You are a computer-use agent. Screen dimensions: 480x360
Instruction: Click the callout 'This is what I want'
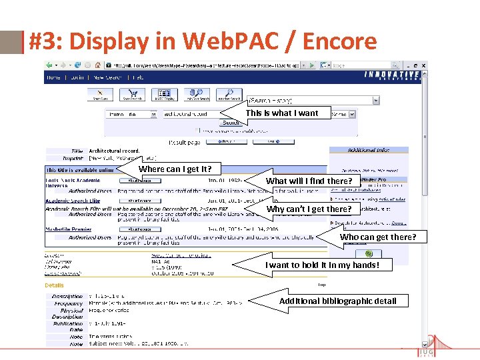coord(282,113)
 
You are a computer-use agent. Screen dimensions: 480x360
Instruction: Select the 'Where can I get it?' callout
coord(179,169)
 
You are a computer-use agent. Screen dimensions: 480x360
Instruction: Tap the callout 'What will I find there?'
coord(309,181)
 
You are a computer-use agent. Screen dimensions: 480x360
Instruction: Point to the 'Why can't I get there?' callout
coord(309,209)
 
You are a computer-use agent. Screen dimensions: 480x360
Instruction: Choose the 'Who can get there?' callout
coord(377,237)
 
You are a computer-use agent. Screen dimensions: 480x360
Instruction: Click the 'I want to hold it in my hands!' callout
coord(321,265)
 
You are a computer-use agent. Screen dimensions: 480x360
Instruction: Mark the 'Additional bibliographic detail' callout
coord(337,301)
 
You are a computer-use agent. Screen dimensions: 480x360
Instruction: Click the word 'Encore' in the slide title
coord(339,42)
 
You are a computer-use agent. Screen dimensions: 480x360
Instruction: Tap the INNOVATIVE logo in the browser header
coord(392,75)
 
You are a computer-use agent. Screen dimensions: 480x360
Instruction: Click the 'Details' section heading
coord(55,285)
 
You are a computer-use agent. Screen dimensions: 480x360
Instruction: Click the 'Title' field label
coord(77,151)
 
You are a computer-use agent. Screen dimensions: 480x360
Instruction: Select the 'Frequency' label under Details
coord(69,303)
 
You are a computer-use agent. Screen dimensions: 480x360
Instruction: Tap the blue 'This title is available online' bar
coord(80,170)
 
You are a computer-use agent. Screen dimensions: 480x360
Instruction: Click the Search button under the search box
coord(231,123)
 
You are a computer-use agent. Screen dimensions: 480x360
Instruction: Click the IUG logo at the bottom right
coord(426,351)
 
